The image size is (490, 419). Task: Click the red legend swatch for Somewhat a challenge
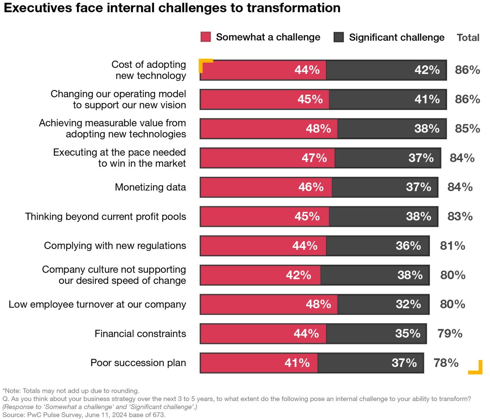pyautogui.click(x=206, y=37)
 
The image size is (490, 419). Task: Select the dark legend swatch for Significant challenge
pyautogui.click(x=339, y=37)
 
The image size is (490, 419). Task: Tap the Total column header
pyautogui.click(x=468, y=37)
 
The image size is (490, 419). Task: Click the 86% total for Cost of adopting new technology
pyautogui.click(x=467, y=70)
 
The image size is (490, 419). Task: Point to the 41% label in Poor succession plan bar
pyautogui.click(x=297, y=363)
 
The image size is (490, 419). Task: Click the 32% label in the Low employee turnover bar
pyautogui.click(x=408, y=304)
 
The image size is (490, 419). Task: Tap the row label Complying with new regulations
pyautogui.click(x=115, y=246)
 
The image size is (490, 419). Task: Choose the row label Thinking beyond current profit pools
pyautogui.click(x=105, y=217)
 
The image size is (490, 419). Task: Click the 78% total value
pyautogui.click(x=446, y=363)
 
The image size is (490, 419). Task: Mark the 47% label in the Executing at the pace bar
pyautogui.click(x=314, y=158)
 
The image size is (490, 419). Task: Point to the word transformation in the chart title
pyautogui.click(x=293, y=8)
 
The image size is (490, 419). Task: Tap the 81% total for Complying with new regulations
pyautogui.click(x=452, y=246)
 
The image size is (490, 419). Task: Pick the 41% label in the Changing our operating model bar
pyautogui.click(x=427, y=99)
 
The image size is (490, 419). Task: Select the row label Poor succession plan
pyautogui.click(x=138, y=363)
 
